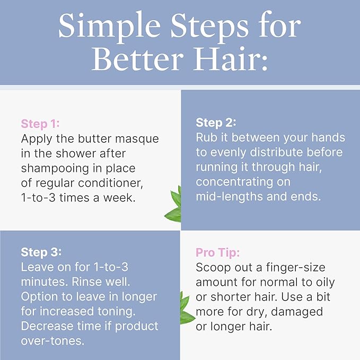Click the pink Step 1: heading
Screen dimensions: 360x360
pyautogui.click(x=40, y=124)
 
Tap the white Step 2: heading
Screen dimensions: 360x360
pyautogui.click(x=216, y=122)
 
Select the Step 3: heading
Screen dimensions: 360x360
pyautogui.click(x=41, y=252)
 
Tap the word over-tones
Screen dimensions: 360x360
pyautogui.click(x=52, y=340)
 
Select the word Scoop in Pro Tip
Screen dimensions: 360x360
pyautogui.click(x=213, y=267)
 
